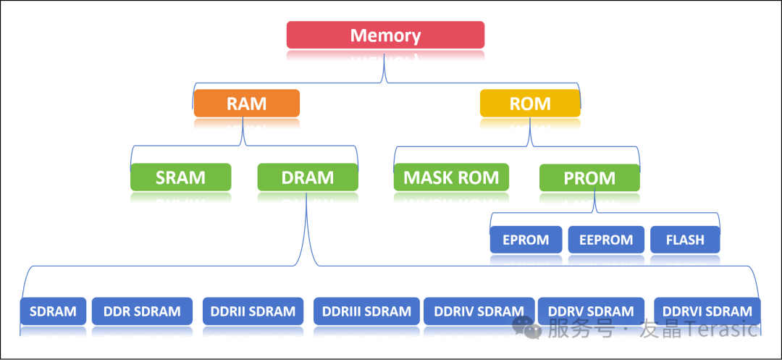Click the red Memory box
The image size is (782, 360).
[x=385, y=35]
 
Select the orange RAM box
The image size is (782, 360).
[x=246, y=103]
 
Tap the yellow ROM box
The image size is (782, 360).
[x=530, y=103]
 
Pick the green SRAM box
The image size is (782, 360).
[x=180, y=177]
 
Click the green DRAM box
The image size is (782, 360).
[x=308, y=177]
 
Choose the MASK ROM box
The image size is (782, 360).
[x=451, y=177]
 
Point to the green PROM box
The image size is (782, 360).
[x=589, y=177]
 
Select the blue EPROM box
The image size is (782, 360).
[x=525, y=240]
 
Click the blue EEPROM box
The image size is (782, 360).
[x=606, y=240]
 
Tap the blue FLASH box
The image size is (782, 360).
[x=685, y=240]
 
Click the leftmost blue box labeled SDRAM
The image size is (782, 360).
[x=53, y=311]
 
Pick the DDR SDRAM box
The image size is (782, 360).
[x=142, y=311]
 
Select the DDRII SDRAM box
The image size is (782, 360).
[x=253, y=311]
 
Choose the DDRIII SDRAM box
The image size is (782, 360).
[x=368, y=311]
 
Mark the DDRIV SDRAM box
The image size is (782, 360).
[x=479, y=311]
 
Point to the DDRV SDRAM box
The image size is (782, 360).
[x=591, y=311]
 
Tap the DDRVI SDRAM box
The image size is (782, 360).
[x=707, y=311]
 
